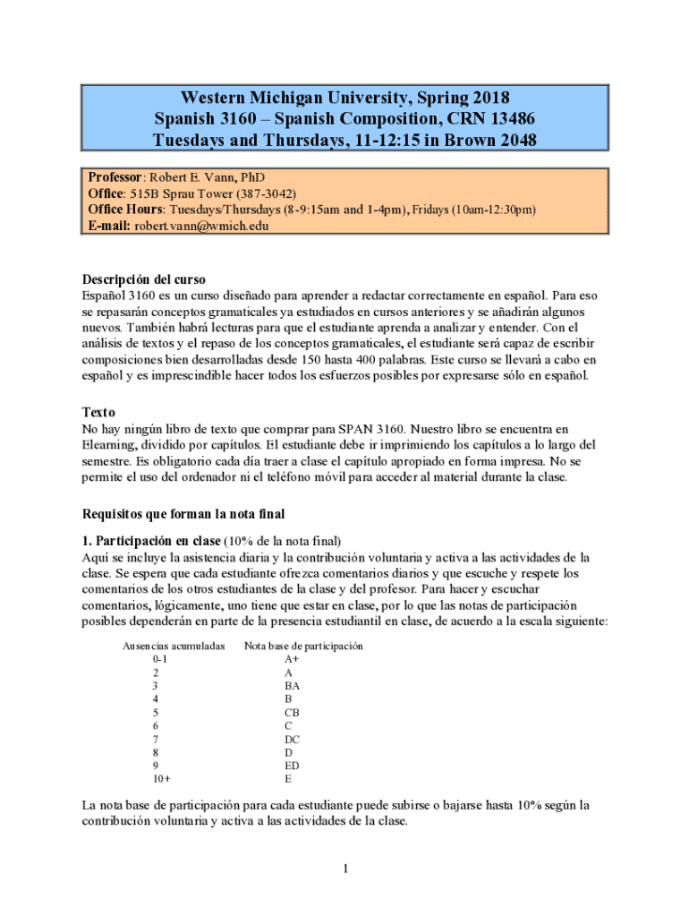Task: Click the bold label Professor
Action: click(115, 177)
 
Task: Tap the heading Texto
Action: click(98, 413)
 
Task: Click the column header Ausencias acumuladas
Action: click(173, 646)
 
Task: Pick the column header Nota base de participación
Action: click(303, 646)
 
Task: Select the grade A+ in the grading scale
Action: click(292, 659)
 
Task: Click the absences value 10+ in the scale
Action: click(162, 779)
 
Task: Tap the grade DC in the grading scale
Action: click(292, 739)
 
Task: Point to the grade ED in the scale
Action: click(292, 766)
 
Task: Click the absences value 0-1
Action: click(160, 659)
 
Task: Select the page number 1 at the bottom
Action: click(344, 869)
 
